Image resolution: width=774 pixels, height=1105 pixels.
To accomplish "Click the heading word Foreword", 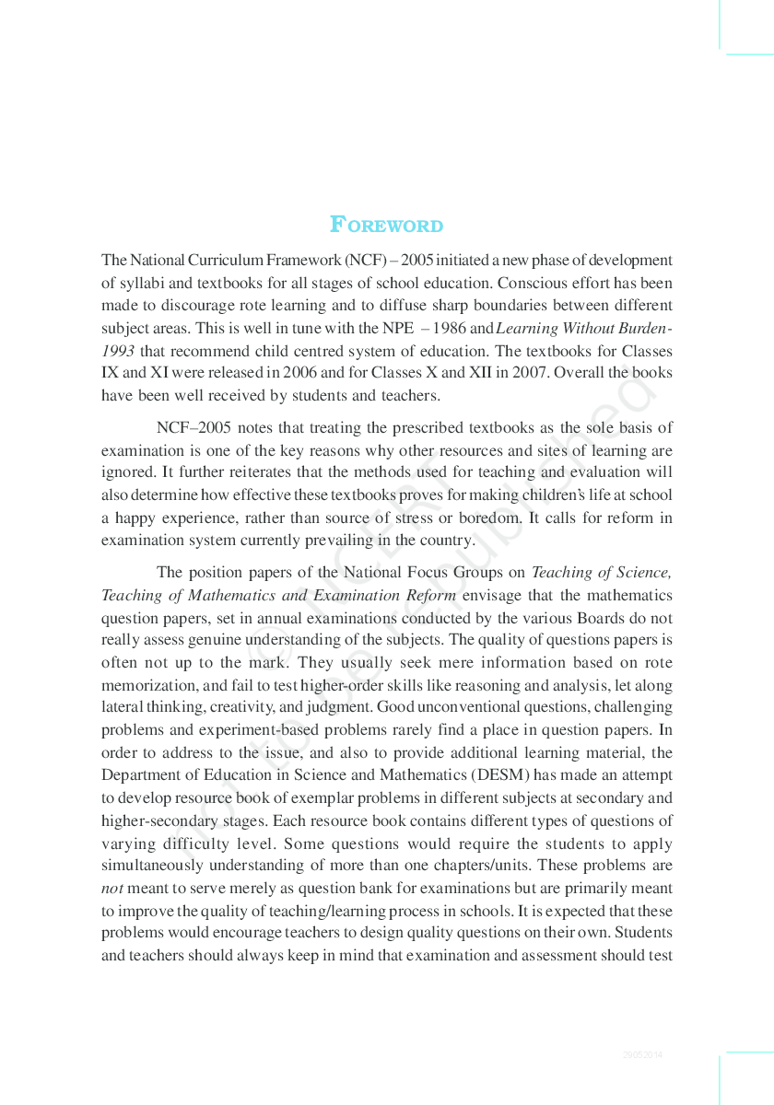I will click(x=386, y=226).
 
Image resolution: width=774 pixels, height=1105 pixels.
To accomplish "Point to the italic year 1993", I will click(x=118, y=351).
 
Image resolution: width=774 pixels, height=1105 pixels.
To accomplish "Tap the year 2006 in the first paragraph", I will click(x=299, y=373).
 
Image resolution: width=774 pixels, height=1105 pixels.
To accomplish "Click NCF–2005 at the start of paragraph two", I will click(x=193, y=427).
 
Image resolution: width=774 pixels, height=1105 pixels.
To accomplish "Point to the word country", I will click(x=445, y=541).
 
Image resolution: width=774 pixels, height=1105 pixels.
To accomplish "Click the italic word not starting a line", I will click(x=111, y=889).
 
